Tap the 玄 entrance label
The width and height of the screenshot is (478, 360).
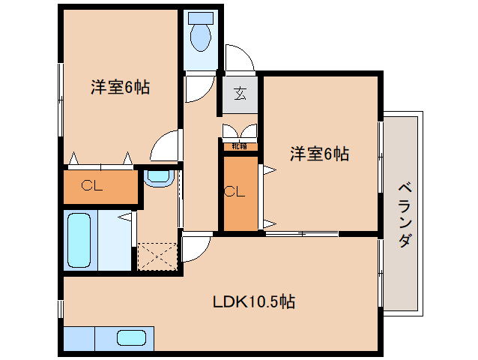coord(240,94)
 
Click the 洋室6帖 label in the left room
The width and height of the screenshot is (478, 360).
coord(120,88)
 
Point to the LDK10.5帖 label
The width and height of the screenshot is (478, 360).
coord(253,301)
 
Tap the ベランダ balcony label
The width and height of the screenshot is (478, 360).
coord(404,214)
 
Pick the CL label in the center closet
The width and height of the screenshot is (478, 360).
coord(235,191)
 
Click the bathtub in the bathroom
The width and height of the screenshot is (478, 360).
coord(79,241)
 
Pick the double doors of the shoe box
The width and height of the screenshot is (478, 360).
coord(240,131)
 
